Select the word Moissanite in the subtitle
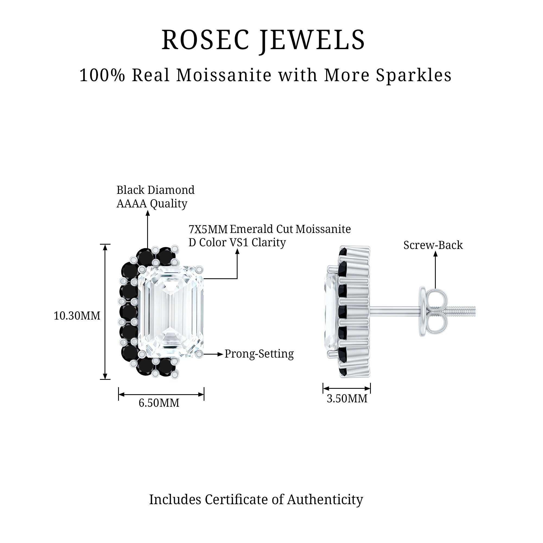pos(224,75)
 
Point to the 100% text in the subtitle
pos(102,75)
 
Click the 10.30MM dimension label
pos(77,316)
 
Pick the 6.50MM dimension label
pos(159,403)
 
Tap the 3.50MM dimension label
pos(347,399)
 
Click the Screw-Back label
pos(433,245)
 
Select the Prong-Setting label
pos(259,354)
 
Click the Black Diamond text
pos(155,190)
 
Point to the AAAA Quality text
pos(152,203)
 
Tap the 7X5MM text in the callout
pos(208,229)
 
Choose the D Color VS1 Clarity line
pos(237,242)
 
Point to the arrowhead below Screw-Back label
pos(435,254)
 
